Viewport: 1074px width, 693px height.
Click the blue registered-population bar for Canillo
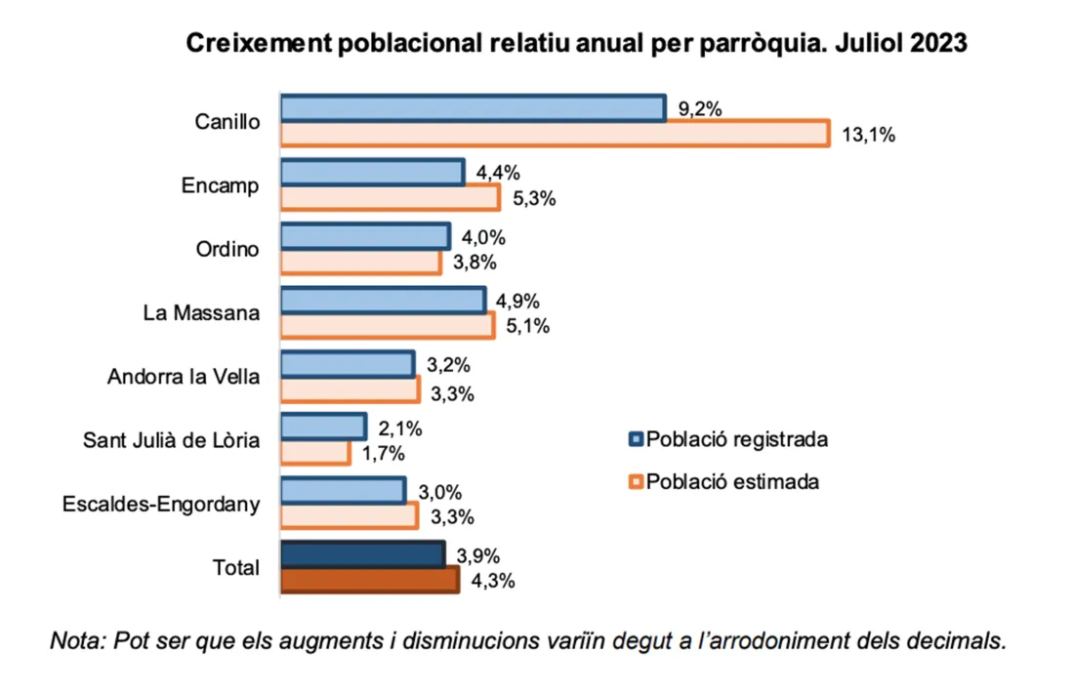pos(473,108)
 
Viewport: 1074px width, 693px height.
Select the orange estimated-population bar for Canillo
pos(555,135)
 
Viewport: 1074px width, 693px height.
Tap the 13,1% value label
pos(868,136)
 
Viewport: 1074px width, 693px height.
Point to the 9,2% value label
pos(700,109)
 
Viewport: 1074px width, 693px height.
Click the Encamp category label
pos(221,185)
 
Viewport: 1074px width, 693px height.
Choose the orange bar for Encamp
pos(391,198)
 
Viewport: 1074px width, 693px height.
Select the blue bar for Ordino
pos(365,236)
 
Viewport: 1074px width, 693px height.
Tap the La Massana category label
pos(200,313)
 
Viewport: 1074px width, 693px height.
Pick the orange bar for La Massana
pos(388,326)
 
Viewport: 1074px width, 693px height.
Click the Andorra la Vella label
pos(184,377)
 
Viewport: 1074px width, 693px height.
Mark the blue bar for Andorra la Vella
pos(348,364)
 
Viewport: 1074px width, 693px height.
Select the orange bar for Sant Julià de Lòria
pos(314,453)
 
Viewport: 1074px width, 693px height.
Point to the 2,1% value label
pos(399,428)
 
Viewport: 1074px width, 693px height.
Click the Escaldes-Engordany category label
pos(161,505)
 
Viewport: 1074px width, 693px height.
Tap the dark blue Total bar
pos(362,554)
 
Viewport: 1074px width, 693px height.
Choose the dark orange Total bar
pos(369,580)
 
